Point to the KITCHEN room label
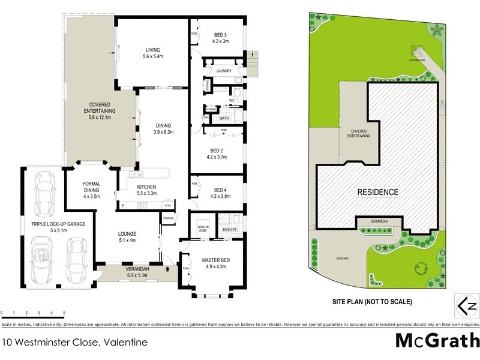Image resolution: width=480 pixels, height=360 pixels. point(147,187)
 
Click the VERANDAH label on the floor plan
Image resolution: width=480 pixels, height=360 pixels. point(138,269)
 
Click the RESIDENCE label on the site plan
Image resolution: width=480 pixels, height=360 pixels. point(378,192)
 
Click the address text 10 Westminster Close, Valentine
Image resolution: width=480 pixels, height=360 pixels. point(74,343)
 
